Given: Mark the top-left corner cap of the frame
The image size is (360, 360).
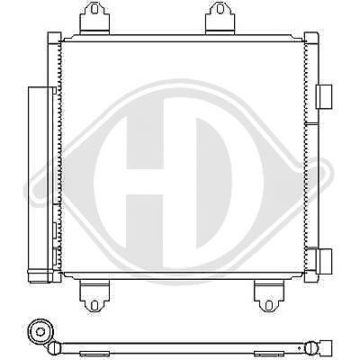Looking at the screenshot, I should pos(52,39).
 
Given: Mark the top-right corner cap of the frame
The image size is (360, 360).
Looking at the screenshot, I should pos(310,39).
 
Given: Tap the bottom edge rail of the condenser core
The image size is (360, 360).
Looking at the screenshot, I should pos(180,275).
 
